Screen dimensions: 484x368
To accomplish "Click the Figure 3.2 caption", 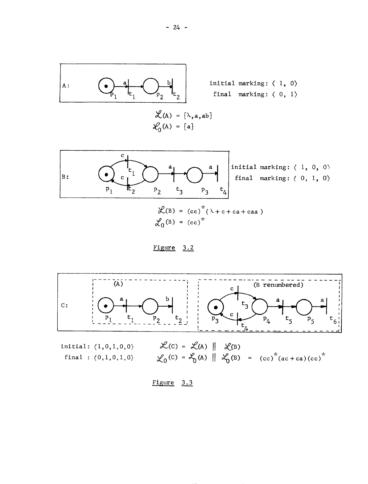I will tap(173, 248).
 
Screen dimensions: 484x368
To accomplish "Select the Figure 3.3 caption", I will tap(173, 383).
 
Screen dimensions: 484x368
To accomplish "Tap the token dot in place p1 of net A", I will tap(105, 86).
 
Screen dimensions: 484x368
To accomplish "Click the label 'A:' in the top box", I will tap(66, 86).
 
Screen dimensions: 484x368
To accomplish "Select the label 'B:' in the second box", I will tap(66, 176).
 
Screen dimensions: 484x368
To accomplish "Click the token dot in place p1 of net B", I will tap(106, 174).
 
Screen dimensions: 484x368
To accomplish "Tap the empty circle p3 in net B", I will tap(195, 175).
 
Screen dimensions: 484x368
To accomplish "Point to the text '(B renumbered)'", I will tap(279, 285).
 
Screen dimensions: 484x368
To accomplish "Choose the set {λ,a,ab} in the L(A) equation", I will tap(199, 116).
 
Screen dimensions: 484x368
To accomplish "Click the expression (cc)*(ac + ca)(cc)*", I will tap(291, 357).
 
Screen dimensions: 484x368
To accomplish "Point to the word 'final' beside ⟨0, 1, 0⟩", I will tap(244, 178).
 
